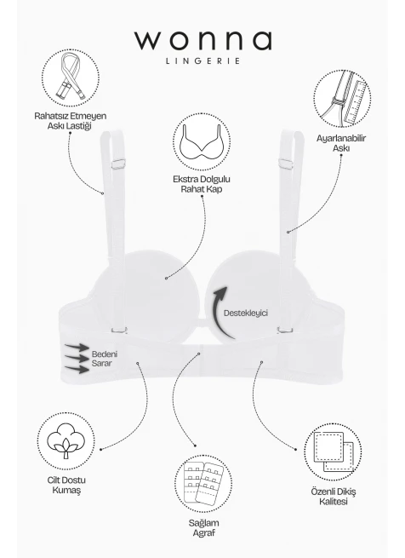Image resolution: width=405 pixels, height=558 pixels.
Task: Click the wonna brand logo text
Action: click(203, 41)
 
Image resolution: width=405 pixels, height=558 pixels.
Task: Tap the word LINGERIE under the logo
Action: click(203, 60)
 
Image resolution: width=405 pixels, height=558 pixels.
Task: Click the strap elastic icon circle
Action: click(71, 78)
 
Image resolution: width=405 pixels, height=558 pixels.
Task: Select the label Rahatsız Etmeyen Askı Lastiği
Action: click(71, 121)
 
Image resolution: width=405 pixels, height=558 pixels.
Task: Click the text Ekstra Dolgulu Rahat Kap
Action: click(202, 184)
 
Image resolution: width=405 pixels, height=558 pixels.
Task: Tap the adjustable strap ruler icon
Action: click(342, 99)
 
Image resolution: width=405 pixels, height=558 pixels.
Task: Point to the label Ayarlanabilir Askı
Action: click(341, 143)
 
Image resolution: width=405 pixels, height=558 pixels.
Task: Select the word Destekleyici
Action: click(246, 314)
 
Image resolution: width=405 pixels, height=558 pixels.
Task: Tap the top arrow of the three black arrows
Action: click(77, 347)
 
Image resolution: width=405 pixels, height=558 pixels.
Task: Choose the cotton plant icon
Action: click(66, 441)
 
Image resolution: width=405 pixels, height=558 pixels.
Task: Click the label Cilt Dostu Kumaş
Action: click(66, 485)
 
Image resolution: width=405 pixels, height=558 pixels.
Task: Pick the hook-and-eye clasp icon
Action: click(203, 484)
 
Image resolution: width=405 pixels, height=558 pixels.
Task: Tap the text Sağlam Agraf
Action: click(203, 528)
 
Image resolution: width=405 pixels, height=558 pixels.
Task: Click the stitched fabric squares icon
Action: click(333, 452)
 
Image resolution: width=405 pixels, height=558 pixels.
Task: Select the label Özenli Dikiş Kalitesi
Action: click(334, 497)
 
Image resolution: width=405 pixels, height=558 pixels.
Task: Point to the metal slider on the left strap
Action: click(118, 164)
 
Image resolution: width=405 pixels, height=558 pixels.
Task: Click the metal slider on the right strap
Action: click(286, 164)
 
